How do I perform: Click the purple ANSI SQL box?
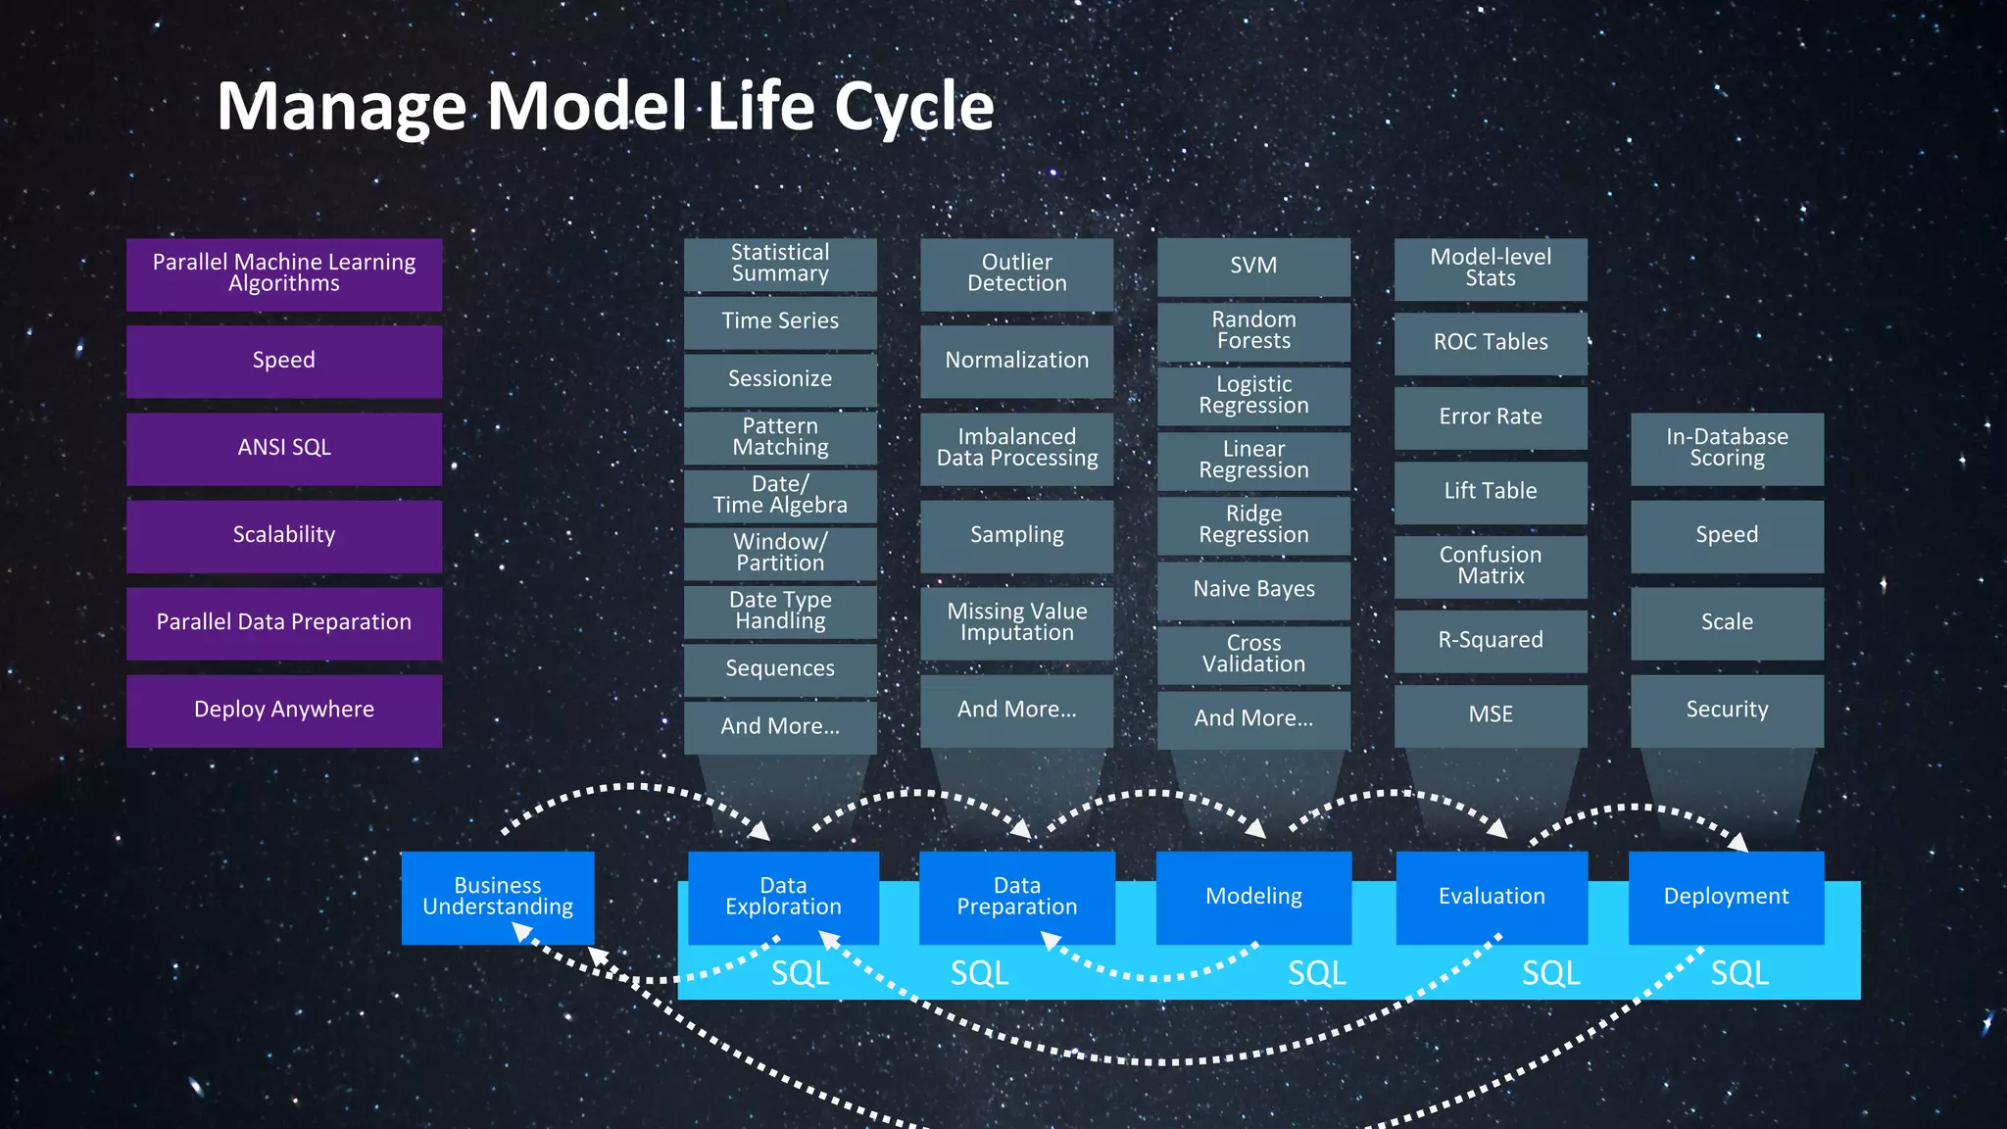click(x=284, y=448)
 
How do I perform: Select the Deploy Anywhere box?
click(x=284, y=710)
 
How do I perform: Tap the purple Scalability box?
click(x=284, y=535)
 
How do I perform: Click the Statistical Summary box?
click(x=780, y=264)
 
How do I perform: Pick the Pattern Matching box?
click(x=780, y=437)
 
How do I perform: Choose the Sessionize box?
click(x=780, y=379)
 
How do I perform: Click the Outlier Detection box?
click(x=1016, y=273)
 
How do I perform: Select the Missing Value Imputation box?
click(x=1016, y=622)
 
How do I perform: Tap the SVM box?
click(x=1253, y=266)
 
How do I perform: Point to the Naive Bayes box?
click(x=1253, y=589)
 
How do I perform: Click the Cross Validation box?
click(x=1253, y=654)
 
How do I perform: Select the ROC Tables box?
click(x=1491, y=342)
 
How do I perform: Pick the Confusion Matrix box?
click(x=1491, y=565)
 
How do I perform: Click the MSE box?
click(x=1491, y=714)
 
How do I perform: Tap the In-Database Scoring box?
click(x=1727, y=448)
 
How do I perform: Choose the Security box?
click(x=1727, y=710)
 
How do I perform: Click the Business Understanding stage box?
click(x=498, y=897)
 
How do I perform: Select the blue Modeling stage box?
click(x=1253, y=897)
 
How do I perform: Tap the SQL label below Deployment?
click(x=1739, y=973)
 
